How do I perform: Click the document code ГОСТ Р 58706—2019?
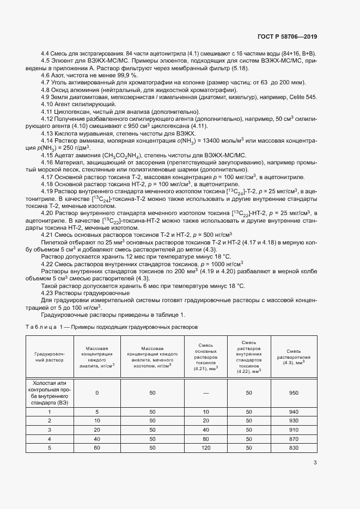(x=286, y=37)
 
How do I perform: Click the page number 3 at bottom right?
(x=315, y=463)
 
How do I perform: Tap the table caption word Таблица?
(x=43, y=327)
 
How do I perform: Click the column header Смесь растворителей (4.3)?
(x=294, y=357)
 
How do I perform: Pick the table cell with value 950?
(x=294, y=393)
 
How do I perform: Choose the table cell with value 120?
(x=206, y=447)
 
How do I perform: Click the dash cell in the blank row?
(x=206, y=393)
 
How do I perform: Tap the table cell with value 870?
(x=294, y=438)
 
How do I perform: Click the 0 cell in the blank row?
(x=97, y=393)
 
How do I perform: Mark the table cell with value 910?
(x=294, y=429)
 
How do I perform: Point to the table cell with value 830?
(x=294, y=447)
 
